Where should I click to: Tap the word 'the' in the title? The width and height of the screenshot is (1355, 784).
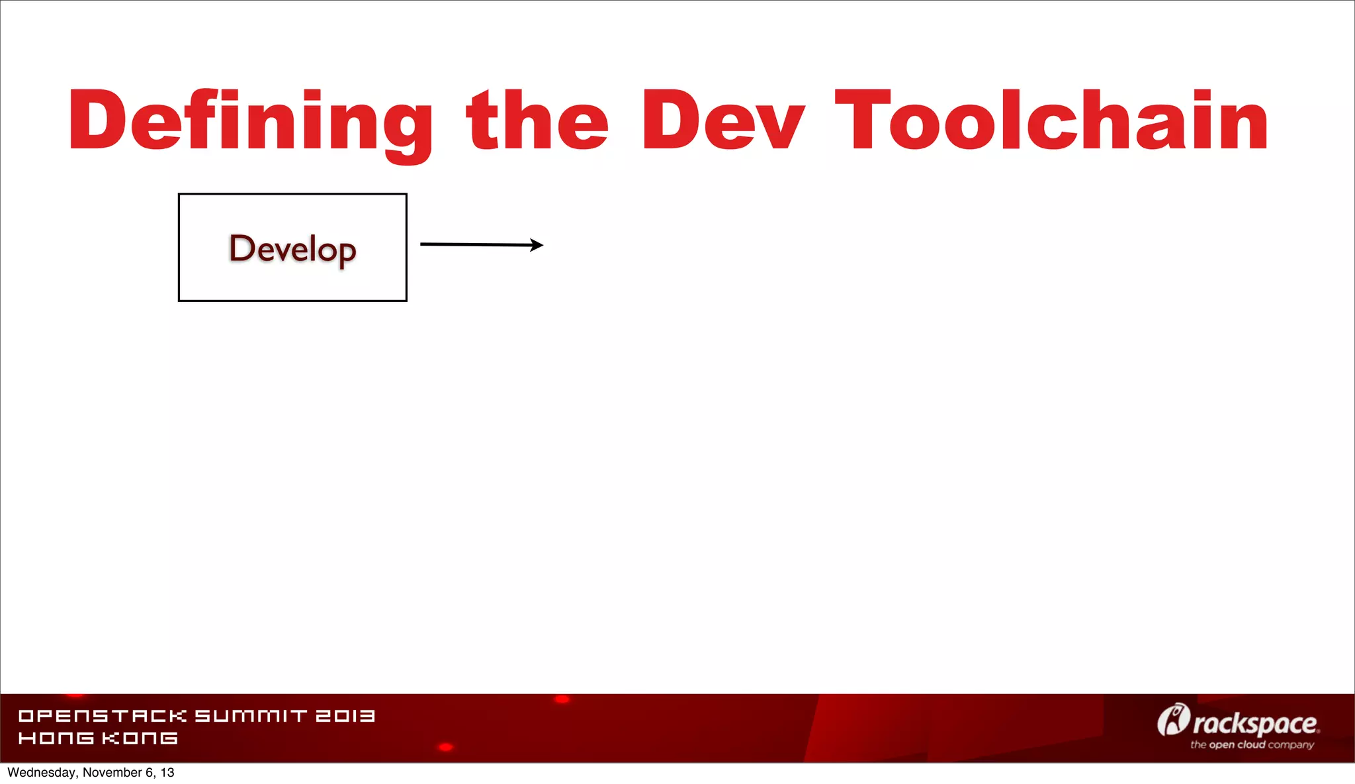coord(537,121)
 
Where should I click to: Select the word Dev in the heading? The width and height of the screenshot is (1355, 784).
coord(722,121)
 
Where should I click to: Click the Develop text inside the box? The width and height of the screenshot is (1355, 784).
coord(292,249)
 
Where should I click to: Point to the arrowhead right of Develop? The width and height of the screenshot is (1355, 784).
coord(537,245)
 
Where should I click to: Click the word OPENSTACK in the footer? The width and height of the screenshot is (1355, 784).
coord(103,716)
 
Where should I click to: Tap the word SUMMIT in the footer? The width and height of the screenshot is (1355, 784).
coord(251,716)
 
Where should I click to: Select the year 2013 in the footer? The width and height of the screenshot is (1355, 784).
coord(345,716)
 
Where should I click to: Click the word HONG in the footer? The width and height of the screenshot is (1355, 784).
coord(56,738)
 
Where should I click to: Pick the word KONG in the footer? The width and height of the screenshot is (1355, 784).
coord(140,738)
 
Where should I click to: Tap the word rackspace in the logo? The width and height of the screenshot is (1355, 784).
coord(1255,724)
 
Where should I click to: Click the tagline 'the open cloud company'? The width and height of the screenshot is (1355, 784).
coord(1252,745)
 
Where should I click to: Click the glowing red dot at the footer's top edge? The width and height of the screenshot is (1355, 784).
coord(562,699)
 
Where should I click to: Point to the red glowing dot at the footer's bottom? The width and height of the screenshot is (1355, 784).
coord(446,747)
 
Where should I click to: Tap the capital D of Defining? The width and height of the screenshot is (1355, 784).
coord(97,121)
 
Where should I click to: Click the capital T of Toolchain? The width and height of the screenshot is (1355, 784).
coord(859,121)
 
